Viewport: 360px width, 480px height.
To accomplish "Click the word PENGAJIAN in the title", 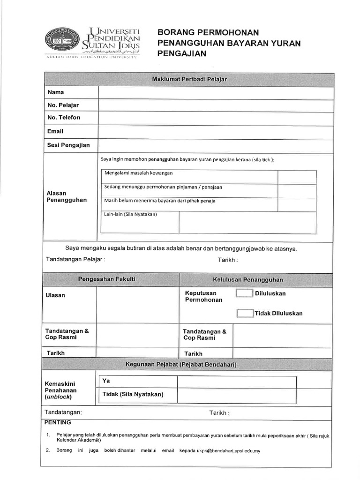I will click(x=182, y=54).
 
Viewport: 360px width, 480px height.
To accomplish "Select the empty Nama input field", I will click(x=216, y=93).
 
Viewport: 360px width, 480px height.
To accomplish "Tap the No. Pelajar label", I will click(x=63, y=105).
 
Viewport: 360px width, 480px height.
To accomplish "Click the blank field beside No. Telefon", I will click(x=216, y=118).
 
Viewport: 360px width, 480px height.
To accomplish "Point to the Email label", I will click(x=55, y=131).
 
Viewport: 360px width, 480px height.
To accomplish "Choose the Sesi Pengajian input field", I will click(x=216, y=146).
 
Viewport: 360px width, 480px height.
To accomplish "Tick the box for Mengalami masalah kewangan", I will click(x=297, y=177).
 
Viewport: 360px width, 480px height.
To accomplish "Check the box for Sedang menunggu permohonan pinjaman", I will click(x=297, y=190).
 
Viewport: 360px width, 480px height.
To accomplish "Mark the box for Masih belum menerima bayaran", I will click(x=297, y=204).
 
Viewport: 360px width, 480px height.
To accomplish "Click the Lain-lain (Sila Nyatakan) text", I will click(x=130, y=215).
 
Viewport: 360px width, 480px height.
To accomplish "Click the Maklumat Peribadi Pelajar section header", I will click(x=189, y=79).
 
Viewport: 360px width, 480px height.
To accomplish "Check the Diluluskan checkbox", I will click(x=244, y=293).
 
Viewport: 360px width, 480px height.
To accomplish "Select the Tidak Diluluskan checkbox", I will click(x=245, y=313).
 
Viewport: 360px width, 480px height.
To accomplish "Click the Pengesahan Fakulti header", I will click(x=106, y=279).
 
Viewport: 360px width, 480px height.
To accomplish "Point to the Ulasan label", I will click(x=55, y=295).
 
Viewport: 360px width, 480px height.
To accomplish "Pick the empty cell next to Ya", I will click(x=236, y=382).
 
